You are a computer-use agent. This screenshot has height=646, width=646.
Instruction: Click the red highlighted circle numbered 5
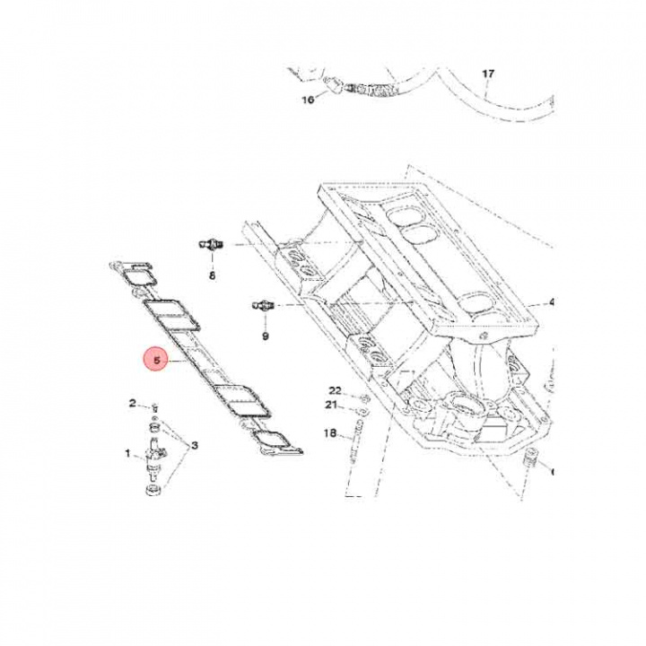click(x=156, y=360)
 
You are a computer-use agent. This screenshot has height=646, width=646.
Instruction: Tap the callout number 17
click(x=488, y=74)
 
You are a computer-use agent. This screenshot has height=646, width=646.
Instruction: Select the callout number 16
click(x=308, y=100)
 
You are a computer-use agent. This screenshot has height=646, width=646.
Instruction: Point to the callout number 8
click(x=213, y=276)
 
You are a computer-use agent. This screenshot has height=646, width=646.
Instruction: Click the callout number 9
click(x=265, y=336)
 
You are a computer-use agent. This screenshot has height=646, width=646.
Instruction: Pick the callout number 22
click(x=335, y=391)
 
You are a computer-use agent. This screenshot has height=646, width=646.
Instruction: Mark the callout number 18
click(x=329, y=434)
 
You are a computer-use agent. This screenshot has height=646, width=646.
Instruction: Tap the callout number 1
click(x=127, y=454)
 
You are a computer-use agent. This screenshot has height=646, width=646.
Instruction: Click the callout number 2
click(x=132, y=404)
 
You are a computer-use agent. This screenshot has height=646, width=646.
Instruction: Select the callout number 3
click(x=195, y=446)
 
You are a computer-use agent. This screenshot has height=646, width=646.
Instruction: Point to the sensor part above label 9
click(x=261, y=306)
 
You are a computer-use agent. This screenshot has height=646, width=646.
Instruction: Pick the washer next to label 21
click(x=358, y=414)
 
